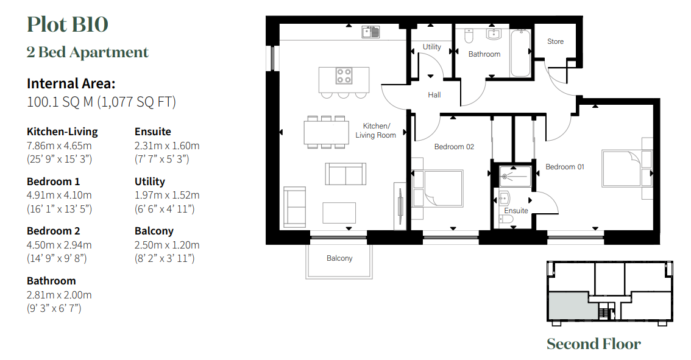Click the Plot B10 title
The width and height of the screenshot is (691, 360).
coord(68,24)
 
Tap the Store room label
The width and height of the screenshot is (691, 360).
coord(555,41)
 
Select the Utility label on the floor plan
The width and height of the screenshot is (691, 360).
coord(432,47)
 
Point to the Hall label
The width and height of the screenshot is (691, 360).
coord(434,95)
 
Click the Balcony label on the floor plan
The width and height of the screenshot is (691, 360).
coord(339,258)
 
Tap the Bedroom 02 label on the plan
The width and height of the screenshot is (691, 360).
coord(454,147)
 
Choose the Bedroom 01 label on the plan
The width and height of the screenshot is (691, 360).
coord(564,167)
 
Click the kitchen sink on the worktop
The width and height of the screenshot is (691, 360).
coord(370,32)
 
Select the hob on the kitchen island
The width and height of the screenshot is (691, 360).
coord(344,76)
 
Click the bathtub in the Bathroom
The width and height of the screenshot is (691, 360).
coord(520,53)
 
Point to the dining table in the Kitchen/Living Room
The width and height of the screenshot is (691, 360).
coord(325,132)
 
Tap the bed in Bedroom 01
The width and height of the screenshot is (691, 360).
coord(622,168)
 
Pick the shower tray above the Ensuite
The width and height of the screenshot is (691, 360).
coord(515,176)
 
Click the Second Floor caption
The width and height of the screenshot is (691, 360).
coord(594,344)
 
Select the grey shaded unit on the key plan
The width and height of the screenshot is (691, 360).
coord(572,306)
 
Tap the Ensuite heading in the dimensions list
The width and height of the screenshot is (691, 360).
coord(152,132)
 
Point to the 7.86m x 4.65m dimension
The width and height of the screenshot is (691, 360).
coord(59,146)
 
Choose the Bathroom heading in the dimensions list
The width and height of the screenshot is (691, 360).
coord(51,281)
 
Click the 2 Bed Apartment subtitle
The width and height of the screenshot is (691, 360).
coord(87,52)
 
